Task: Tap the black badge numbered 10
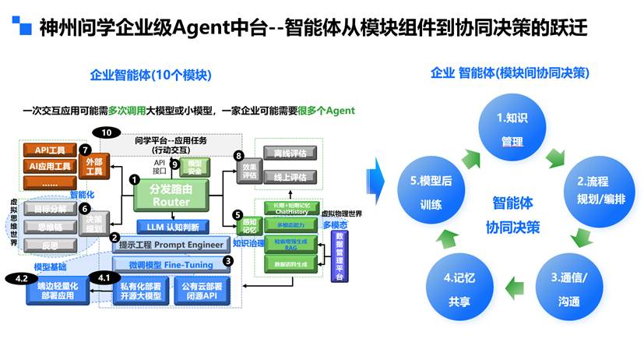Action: (x=107, y=132)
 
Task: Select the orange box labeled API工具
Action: (x=50, y=150)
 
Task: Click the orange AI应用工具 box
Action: (x=50, y=166)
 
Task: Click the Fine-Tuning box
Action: (x=171, y=265)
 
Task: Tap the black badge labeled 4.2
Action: (x=21, y=277)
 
